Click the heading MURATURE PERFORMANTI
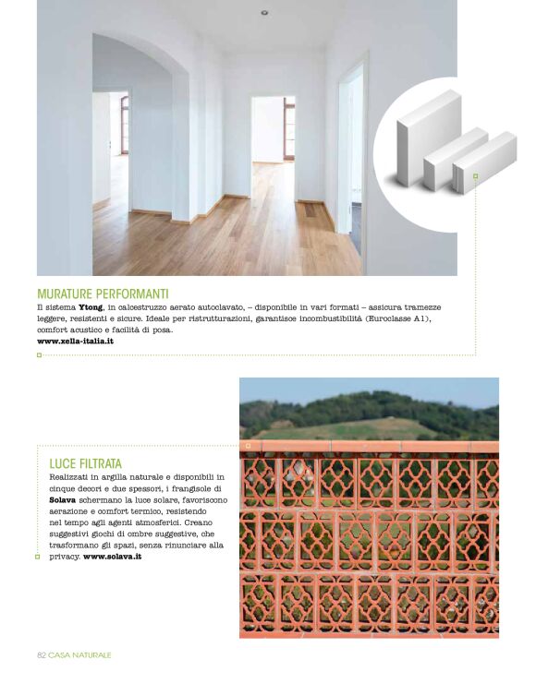click(103, 294)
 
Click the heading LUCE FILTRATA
click(85, 462)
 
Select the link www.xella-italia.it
click(75, 341)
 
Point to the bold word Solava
click(63, 499)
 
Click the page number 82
click(42, 654)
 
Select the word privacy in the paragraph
click(65, 557)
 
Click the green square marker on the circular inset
click(475, 175)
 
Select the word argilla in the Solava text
click(111, 476)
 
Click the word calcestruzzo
click(148, 307)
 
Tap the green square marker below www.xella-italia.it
click(40, 354)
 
